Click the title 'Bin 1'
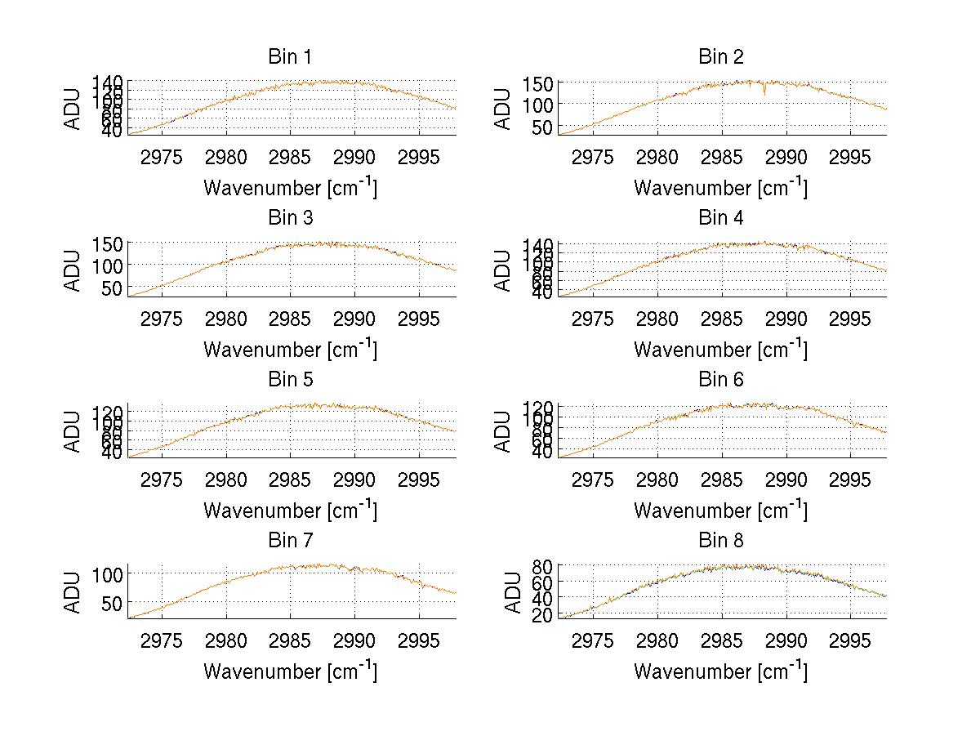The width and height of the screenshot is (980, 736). click(290, 57)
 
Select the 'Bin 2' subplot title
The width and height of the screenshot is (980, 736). click(721, 57)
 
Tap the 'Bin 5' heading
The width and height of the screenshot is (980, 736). click(290, 380)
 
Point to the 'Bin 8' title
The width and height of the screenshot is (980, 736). click(721, 541)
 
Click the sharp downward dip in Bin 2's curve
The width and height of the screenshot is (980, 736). click(764, 92)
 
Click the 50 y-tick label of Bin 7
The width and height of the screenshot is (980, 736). click(114, 603)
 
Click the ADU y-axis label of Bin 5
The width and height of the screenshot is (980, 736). click(73, 431)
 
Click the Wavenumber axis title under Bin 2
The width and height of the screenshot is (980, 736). click(720, 188)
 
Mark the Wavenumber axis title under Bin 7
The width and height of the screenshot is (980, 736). click(290, 671)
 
